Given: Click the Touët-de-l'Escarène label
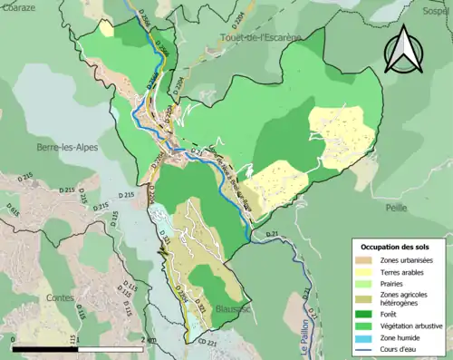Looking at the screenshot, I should coord(259,37).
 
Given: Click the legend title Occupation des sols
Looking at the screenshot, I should coord(395,247).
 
